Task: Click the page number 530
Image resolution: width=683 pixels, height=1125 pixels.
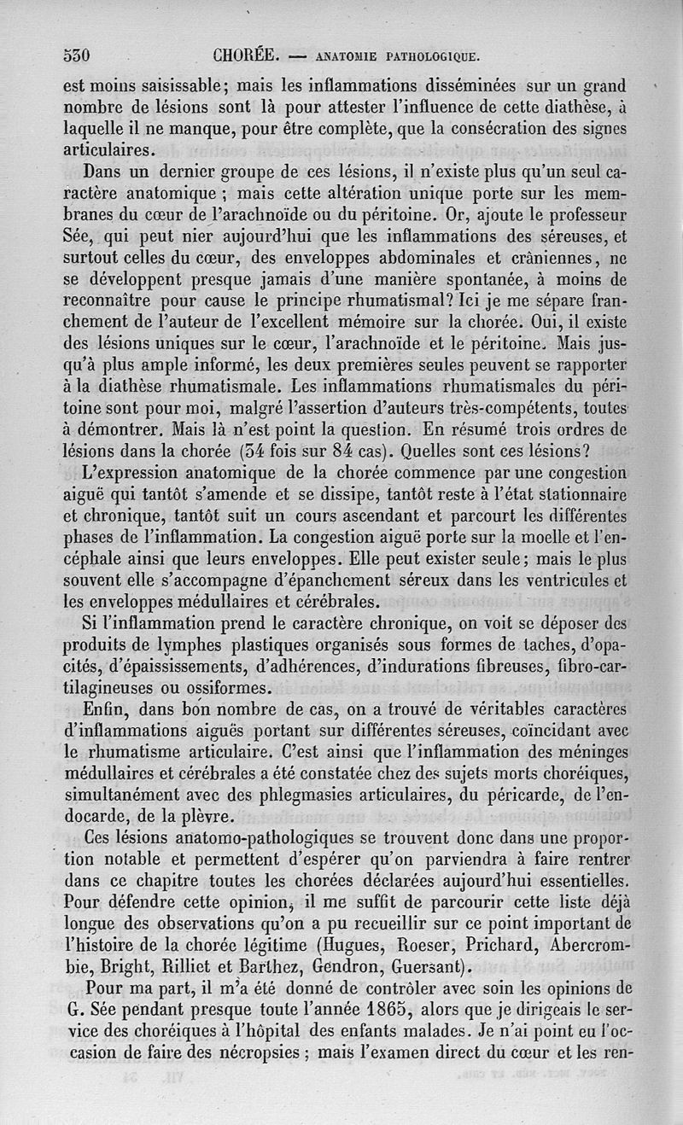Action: point(77,56)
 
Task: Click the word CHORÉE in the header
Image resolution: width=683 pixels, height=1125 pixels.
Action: point(244,56)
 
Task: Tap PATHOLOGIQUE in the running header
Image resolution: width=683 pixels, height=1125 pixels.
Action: point(429,59)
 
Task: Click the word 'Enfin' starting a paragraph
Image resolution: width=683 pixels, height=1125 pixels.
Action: point(106,710)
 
